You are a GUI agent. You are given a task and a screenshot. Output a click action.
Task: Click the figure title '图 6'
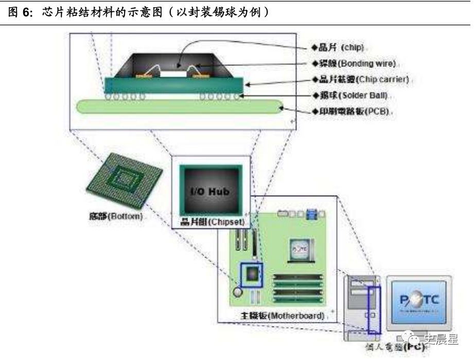[x=21, y=11]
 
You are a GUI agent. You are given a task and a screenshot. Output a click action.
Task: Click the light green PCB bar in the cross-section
[x=180, y=107]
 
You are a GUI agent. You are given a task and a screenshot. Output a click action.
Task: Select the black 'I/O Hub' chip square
[x=210, y=191]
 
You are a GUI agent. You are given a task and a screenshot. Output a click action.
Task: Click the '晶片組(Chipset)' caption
[x=211, y=222]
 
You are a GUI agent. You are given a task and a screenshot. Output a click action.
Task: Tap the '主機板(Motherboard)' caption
[x=283, y=315]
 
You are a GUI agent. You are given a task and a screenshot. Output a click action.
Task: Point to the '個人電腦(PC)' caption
[x=396, y=348]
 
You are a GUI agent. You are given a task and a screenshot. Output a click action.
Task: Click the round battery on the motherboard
[x=238, y=292]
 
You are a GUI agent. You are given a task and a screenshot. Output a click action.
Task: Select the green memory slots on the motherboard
[x=295, y=286]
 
